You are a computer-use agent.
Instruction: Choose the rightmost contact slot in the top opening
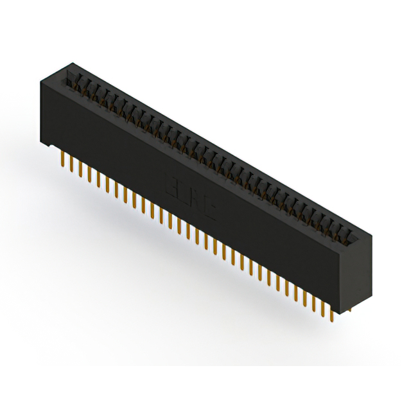[350, 232]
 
